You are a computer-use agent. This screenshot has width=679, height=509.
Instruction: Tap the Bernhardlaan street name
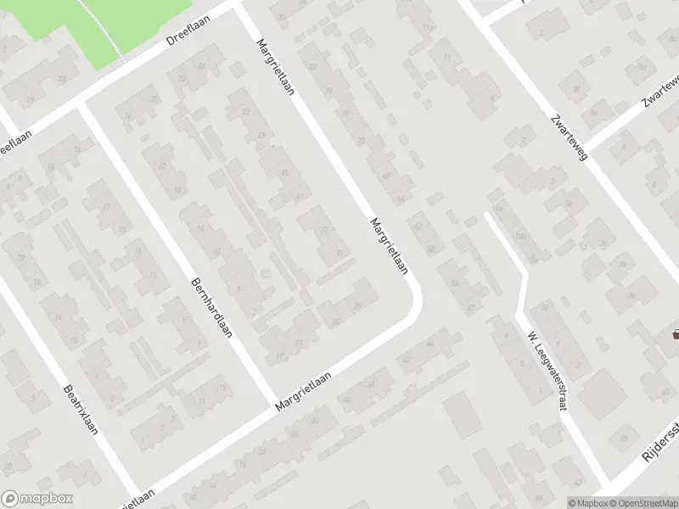point(212,309)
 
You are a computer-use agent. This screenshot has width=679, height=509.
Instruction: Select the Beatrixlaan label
point(81,410)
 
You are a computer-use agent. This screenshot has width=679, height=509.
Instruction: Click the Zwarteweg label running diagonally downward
point(569,138)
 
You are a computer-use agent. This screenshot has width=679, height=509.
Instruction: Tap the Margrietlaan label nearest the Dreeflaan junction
point(275,64)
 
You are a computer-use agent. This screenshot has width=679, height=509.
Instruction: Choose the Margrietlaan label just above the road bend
point(389,247)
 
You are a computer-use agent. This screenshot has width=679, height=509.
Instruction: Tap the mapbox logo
point(37,499)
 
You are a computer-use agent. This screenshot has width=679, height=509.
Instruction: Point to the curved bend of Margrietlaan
point(414,301)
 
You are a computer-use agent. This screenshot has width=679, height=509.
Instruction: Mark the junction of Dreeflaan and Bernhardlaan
point(81,104)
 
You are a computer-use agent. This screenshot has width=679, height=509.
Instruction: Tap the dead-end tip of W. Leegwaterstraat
point(487,215)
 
